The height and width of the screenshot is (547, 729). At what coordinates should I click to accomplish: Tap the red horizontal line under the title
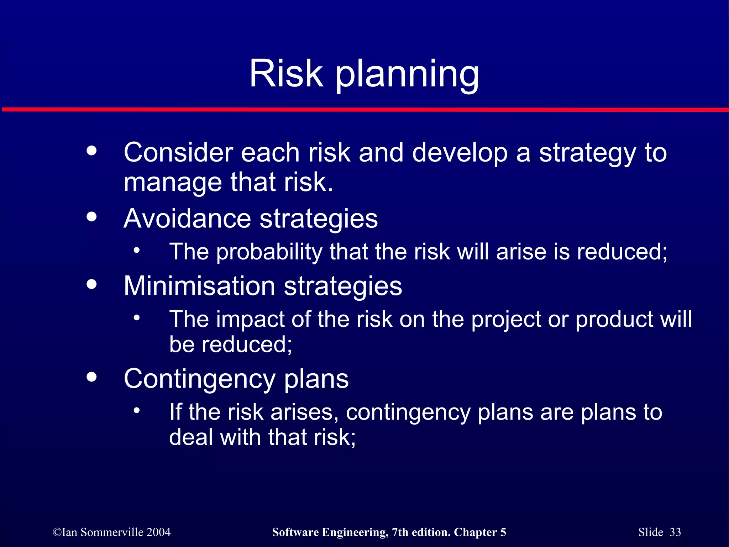pos(364,110)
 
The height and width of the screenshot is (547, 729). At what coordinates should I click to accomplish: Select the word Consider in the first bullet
pos(178,152)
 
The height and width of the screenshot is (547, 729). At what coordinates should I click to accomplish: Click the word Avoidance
pos(187,218)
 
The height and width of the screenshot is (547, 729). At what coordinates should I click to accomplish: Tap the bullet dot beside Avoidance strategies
pos(91,216)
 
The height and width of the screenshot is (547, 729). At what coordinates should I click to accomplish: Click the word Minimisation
pos(199,286)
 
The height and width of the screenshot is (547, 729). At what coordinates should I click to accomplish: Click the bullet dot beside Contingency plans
pos(91,377)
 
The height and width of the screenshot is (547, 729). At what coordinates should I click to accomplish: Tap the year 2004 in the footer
pos(158,532)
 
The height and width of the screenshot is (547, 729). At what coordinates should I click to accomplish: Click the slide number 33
pos(675,532)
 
